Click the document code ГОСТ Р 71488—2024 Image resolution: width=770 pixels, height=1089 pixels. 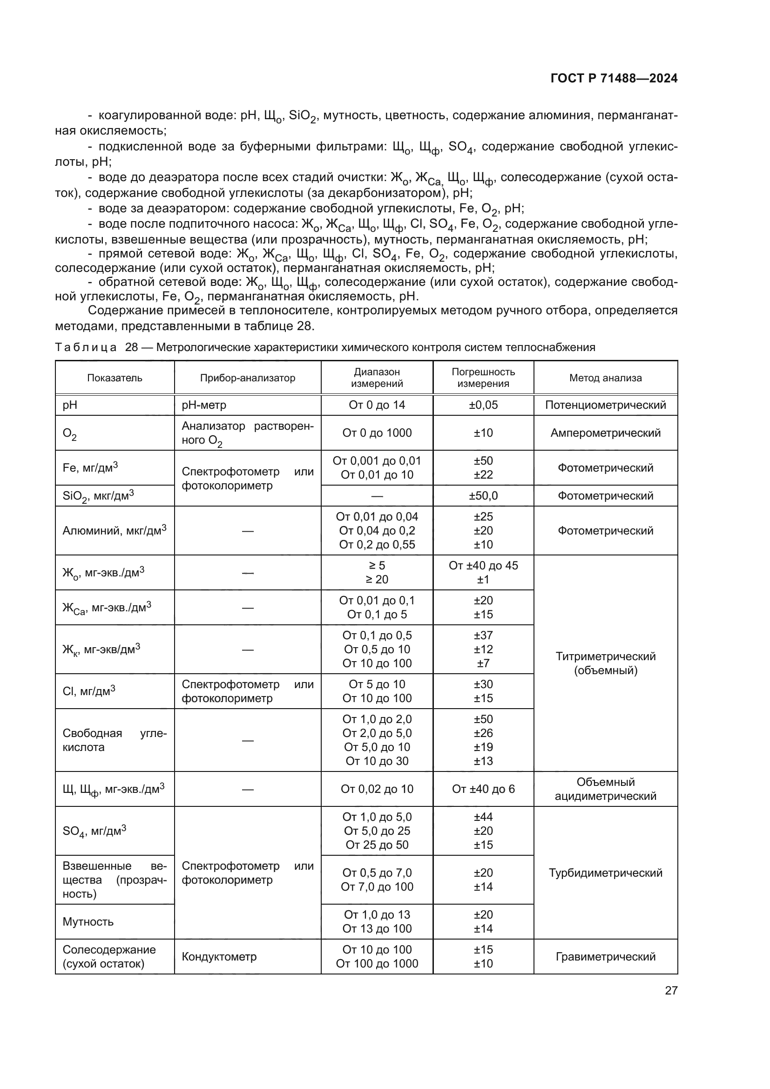tap(614, 79)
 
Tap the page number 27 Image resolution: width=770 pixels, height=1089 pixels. tap(671, 990)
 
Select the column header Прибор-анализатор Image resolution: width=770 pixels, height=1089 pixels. tap(248, 378)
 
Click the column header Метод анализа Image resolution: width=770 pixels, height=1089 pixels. tap(605, 378)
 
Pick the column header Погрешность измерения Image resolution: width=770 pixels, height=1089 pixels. tap(483, 378)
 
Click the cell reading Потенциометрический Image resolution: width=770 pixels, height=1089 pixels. tap(605, 405)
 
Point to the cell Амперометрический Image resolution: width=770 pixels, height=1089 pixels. tap(605, 433)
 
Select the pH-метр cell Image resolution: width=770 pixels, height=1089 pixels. tap(204, 405)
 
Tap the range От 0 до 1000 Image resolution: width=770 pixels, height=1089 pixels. tap(377, 433)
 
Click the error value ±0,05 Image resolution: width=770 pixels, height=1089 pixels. tap(483, 405)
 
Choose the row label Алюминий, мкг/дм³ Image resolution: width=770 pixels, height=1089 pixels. tap(114, 530)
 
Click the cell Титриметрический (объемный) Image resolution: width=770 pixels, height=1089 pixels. tap(605, 663)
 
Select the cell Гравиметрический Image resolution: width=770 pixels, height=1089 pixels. tap(605, 957)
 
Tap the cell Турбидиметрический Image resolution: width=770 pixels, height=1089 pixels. tap(605, 873)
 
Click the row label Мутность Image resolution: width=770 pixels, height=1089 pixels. tap(88, 921)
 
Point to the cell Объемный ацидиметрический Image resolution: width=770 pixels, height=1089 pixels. tap(605, 789)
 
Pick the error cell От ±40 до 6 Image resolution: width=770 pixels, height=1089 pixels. tap(483, 789)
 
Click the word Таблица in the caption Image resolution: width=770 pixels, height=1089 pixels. tap(85, 348)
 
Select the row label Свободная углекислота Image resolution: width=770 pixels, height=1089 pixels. tap(114, 740)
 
